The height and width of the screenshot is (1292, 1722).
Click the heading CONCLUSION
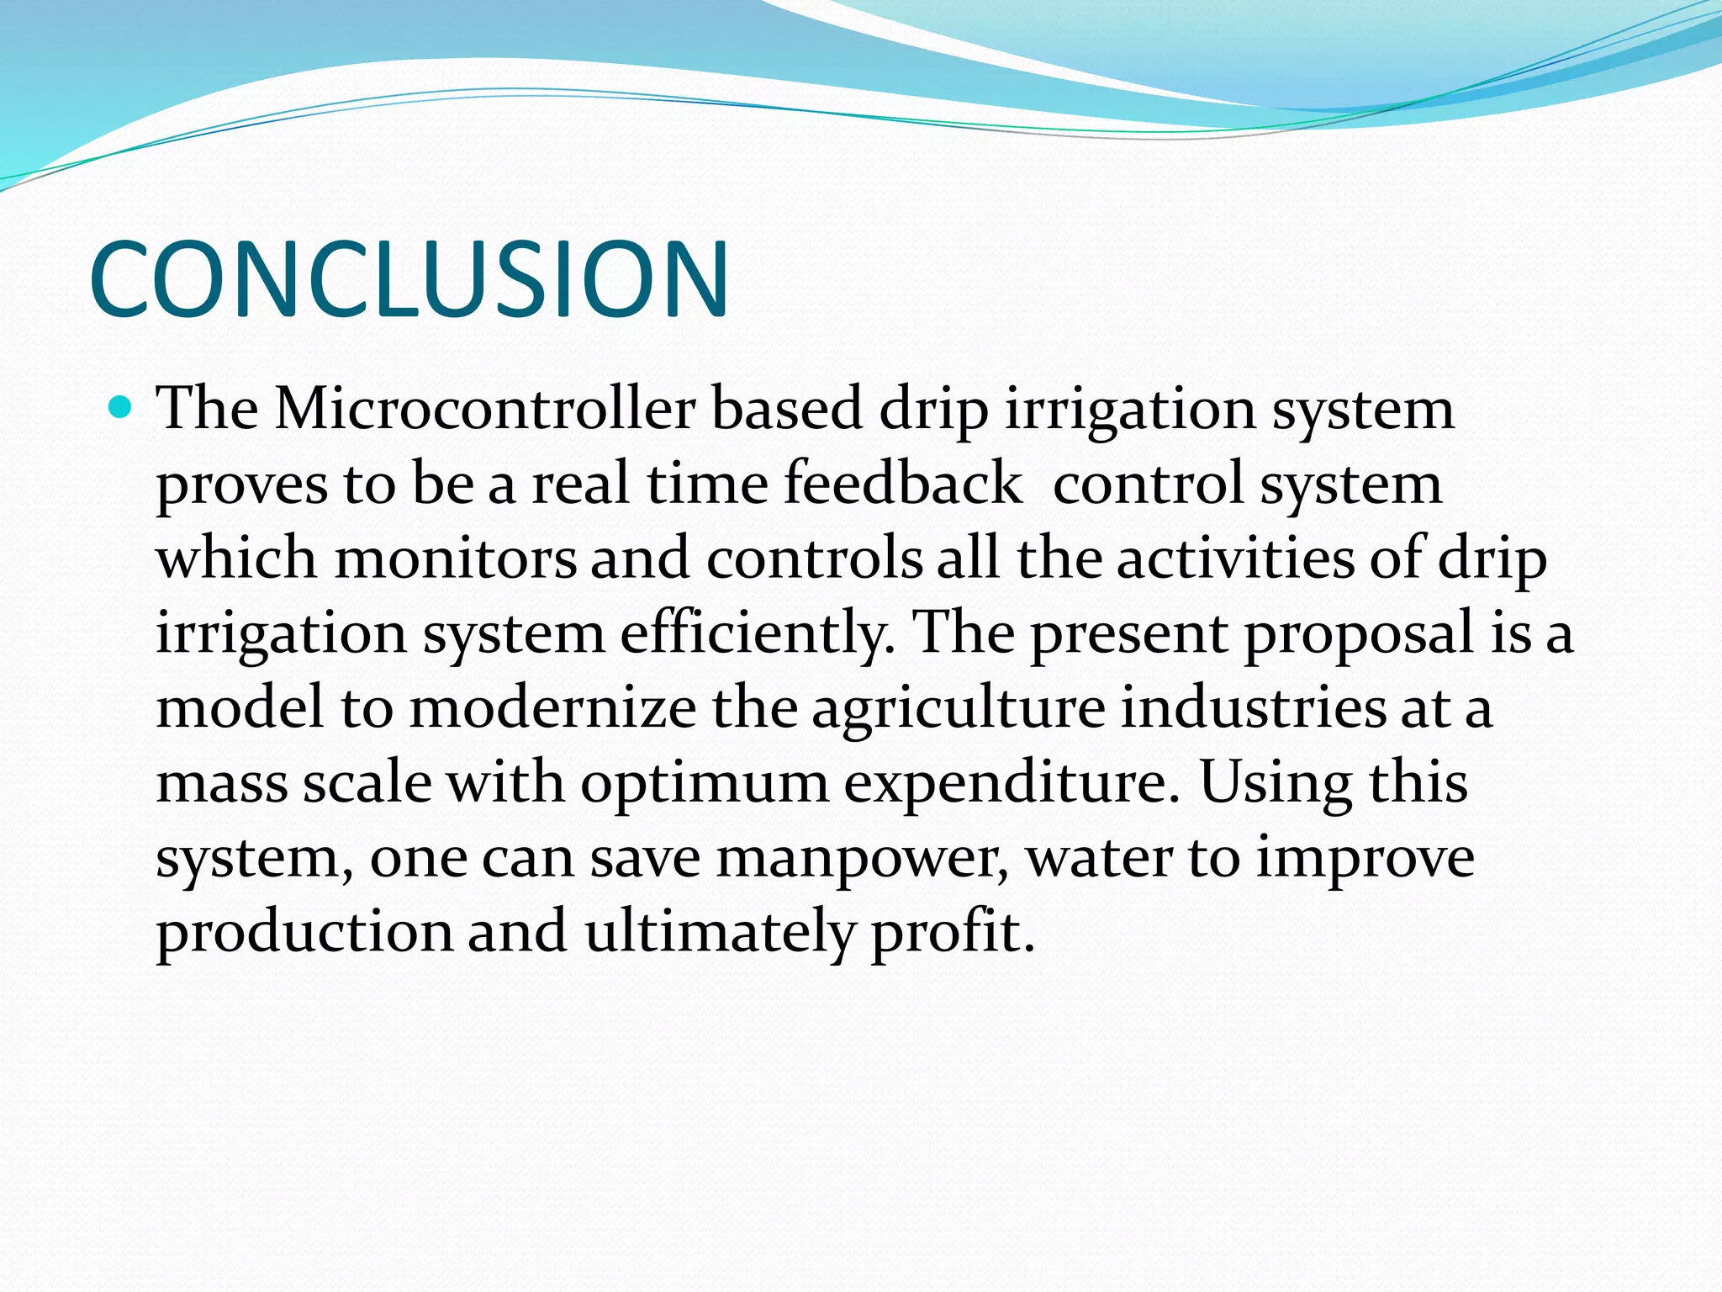pyautogui.click(x=409, y=280)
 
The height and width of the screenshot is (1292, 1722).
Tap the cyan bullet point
pyautogui.click(x=121, y=409)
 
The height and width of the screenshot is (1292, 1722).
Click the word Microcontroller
pyautogui.click(x=485, y=410)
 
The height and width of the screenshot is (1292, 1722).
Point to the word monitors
pyautogui.click(x=455, y=559)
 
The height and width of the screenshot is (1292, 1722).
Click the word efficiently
pyautogui.click(x=757, y=633)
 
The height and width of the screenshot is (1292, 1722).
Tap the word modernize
pyautogui.click(x=552, y=708)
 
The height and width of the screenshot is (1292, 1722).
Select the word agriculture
pyautogui.click(x=958, y=708)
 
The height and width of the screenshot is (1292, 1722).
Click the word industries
pyautogui.click(x=1253, y=708)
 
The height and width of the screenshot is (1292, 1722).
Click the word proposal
pyautogui.click(x=1358, y=633)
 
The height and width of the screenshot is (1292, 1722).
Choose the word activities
pyautogui.click(x=1235, y=559)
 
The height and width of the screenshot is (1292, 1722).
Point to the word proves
pyautogui.click(x=242, y=486)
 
